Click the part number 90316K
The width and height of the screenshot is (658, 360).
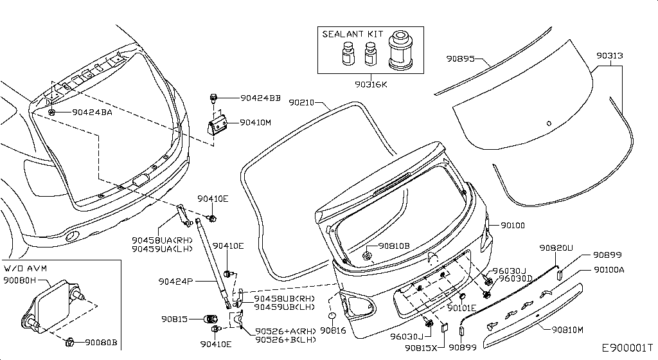tap(371, 84)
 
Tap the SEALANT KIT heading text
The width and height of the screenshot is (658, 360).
tap(353, 34)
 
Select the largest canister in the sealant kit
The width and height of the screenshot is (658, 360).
tap(401, 50)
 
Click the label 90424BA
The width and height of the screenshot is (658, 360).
tap(93, 113)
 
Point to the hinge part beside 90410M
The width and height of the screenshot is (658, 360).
tap(217, 125)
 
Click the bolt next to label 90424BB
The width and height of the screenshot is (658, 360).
tap(213, 99)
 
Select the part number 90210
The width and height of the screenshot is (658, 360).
tap(301, 102)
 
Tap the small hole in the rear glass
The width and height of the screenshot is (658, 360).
tap(549, 123)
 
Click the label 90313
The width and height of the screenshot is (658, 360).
tap(610, 55)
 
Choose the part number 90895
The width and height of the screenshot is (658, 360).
tap(460, 59)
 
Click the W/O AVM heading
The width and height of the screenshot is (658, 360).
tap(26, 269)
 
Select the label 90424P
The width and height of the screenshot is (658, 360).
tap(175, 282)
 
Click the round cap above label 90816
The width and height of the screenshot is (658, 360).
tap(332, 316)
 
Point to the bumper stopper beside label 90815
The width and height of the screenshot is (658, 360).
tap(210, 319)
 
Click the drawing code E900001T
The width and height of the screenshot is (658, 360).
tap(627, 348)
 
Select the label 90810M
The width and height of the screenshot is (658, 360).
tap(567, 330)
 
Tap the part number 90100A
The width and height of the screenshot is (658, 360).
tap(609, 270)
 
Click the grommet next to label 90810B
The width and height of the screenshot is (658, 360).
tap(367, 255)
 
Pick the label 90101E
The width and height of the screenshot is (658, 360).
tap(461, 309)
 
